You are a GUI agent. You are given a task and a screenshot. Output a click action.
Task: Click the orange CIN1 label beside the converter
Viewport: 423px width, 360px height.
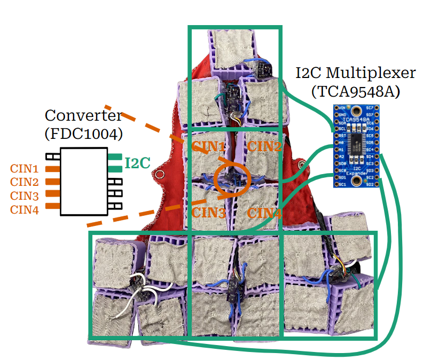tap(25, 169)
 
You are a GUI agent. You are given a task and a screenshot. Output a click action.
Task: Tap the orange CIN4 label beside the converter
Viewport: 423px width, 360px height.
tap(25, 209)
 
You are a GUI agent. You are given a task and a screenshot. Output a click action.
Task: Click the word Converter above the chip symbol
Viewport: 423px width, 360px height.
tap(83, 115)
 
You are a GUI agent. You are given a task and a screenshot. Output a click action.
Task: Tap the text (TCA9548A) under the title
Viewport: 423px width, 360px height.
tap(355, 91)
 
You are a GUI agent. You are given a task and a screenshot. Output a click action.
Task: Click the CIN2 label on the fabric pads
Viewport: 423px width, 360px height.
tap(264, 146)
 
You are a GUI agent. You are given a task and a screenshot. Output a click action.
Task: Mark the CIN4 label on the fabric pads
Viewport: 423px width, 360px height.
tap(265, 213)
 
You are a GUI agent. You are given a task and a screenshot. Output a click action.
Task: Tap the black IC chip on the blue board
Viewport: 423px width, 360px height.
tap(355, 143)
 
